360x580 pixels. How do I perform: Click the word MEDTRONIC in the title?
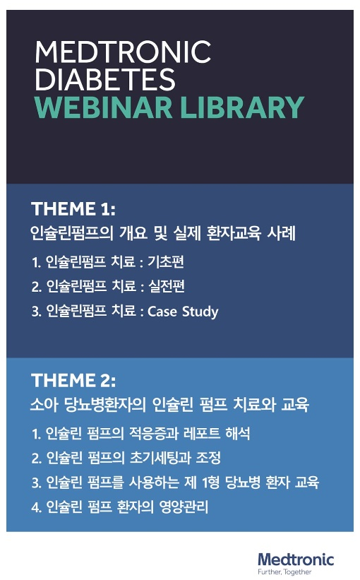click(x=124, y=52)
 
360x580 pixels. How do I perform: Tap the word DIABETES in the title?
click(x=105, y=79)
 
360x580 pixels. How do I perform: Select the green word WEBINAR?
click(x=104, y=107)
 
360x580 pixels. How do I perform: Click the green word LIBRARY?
click(x=242, y=107)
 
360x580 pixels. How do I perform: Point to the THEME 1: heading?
click(x=73, y=209)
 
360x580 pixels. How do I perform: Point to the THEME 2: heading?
click(x=73, y=381)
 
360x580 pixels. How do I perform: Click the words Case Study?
click(x=183, y=312)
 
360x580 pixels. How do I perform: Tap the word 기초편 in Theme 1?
click(x=166, y=262)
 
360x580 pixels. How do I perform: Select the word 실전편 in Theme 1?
click(x=167, y=286)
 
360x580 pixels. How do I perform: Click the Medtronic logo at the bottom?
click(x=296, y=560)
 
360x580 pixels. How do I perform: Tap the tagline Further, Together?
click(x=284, y=572)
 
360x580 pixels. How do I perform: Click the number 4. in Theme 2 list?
click(x=37, y=507)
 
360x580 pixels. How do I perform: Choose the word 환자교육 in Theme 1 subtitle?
click(x=234, y=233)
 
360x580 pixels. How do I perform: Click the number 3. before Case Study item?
click(x=37, y=312)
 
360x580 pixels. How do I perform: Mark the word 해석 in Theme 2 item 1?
click(x=238, y=434)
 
